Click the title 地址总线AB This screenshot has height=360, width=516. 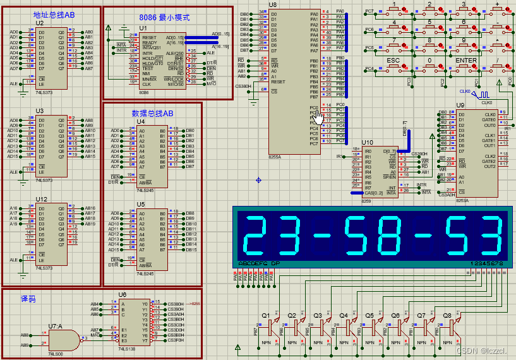(x=54, y=14)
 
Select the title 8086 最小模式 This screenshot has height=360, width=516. (x=164, y=18)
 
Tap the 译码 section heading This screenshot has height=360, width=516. (x=28, y=298)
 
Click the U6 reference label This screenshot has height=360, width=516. (x=122, y=294)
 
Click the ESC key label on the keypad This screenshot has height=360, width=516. (x=393, y=61)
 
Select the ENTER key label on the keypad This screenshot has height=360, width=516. (x=466, y=61)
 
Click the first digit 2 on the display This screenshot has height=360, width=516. (x=254, y=235)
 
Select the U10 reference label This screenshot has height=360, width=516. (x=367, y=143)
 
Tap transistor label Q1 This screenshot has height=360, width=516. (x=265, y=314)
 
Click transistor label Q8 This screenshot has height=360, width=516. (x=447, y=314)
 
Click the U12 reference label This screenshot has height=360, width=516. (x=41, y=199)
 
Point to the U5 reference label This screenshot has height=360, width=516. (x=140, y=204)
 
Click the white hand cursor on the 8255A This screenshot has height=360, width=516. (x=318, y=116)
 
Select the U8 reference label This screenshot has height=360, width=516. (x=272, y=4)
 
